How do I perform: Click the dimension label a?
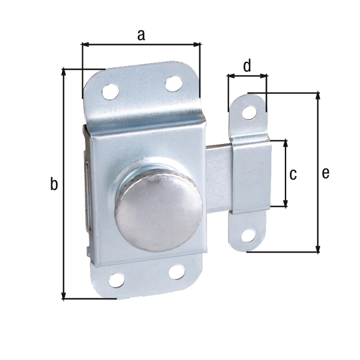click(141, 35)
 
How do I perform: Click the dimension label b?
click(54, 185)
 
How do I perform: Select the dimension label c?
click(293, 175)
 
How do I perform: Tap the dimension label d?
click(247, 65)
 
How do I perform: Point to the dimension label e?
click(325, 173)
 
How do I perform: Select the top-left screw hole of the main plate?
click(110, 91)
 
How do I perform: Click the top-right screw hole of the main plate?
click(173, 83)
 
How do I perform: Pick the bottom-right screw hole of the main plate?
click(176, 272)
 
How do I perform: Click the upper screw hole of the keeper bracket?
click(248, 112)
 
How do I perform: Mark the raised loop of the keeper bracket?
click(250, 174)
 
